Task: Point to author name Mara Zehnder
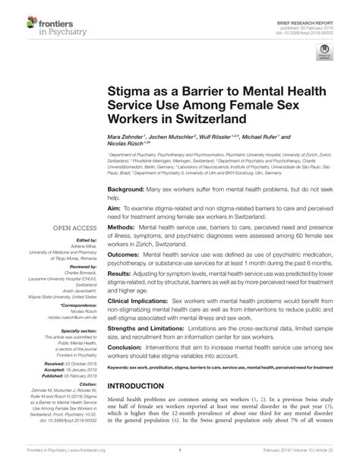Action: [125, 138]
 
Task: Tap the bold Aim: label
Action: [115, 207]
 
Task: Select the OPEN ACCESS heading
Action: [74, 228]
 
